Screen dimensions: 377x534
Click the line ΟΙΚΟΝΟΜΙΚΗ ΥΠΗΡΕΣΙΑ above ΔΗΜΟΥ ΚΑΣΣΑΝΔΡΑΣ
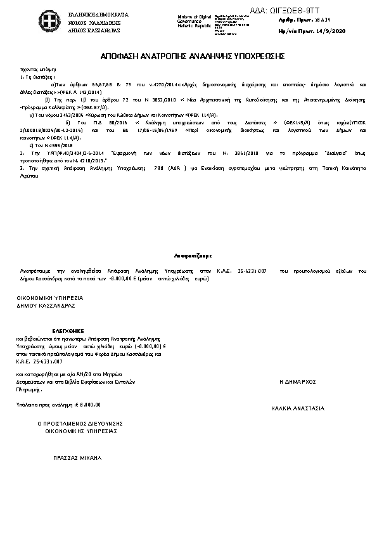(x=49, y=297)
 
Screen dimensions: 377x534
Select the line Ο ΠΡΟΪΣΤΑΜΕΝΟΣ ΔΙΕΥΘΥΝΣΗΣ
(x=80, y=423)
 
